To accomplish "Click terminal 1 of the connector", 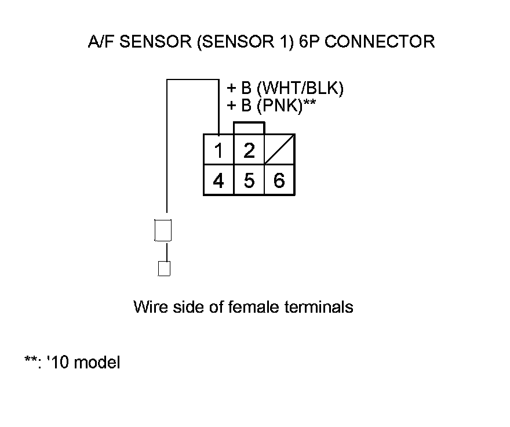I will coord(218,151).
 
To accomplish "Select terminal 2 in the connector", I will coord(249,151).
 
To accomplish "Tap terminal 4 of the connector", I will coord(218,181).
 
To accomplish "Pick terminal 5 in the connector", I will coord(249,181).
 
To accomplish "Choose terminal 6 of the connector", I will coord(279,181).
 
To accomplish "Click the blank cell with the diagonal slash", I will coord(279,150).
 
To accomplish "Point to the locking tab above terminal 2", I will coord(249,128).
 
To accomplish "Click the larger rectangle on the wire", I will coord(163,230).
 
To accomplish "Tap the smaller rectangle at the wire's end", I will coord(164,269).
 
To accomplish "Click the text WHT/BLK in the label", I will coord(300,89).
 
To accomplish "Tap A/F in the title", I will coord(97,42).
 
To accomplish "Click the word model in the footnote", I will coord(98,363).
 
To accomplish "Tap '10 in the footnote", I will coord(58,363).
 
